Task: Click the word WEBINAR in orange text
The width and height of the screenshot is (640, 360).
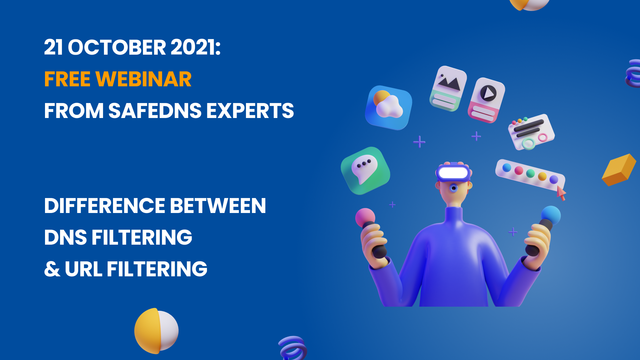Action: click(x=143, y=79)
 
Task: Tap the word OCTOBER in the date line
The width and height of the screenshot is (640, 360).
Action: click(x=117, y=47)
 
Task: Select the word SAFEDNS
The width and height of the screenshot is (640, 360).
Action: click(x=155, y=111)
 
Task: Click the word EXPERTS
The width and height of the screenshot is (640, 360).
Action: click(x=250, y=111)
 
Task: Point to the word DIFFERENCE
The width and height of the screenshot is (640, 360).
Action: click(x=105, y=206)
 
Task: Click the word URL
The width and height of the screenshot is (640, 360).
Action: click(x=83, y=269)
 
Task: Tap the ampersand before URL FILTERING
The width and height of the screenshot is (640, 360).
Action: click(x=52, y=269)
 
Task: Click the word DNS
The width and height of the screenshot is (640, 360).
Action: click(x=65, y=237)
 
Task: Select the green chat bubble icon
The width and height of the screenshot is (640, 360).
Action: click(x=366, y=171)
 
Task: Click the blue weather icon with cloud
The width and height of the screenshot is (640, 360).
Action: click(x=389, y=107)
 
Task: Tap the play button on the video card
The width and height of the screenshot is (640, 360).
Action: click(x=489, y=93)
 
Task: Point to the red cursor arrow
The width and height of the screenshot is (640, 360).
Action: click(x=561, y=193)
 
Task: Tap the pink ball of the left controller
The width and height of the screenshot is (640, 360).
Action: click(x=365, y=218)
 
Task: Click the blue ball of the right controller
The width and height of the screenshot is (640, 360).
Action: click(x=551, y=215)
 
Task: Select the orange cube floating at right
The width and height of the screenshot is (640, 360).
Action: click(x=619, y=170)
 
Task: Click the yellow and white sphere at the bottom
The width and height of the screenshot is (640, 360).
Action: click(x=156, y=331)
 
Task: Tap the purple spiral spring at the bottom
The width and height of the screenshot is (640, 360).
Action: click(x=293, y=348)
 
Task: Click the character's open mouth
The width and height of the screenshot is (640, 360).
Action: click(x=453, y=188)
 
